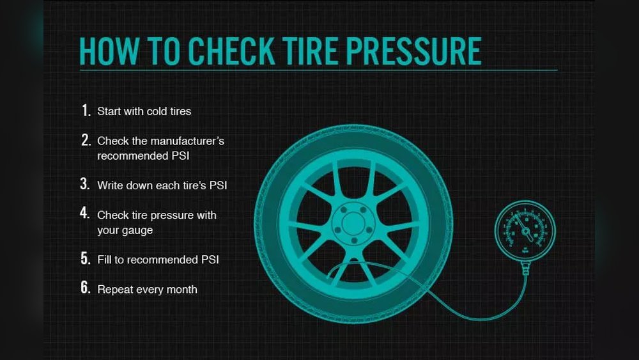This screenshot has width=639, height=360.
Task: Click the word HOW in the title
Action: click(109, 51)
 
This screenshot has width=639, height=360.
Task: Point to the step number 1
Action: click(86, 110)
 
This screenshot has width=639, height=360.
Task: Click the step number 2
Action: click(86, 140)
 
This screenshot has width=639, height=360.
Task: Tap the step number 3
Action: click(85, 184)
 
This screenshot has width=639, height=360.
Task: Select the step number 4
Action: click(85, 212)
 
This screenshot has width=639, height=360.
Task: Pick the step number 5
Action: click(85, 258)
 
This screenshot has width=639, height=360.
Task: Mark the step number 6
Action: click(85, 288)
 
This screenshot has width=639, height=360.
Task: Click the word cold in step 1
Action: click(157, 111)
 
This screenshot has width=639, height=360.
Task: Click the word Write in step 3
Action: click(110, 185)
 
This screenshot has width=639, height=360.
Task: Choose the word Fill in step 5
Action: click(104, 260)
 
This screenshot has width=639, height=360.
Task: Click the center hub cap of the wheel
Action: click(353, 223)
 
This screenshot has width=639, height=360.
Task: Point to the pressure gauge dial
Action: click(525, 230)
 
